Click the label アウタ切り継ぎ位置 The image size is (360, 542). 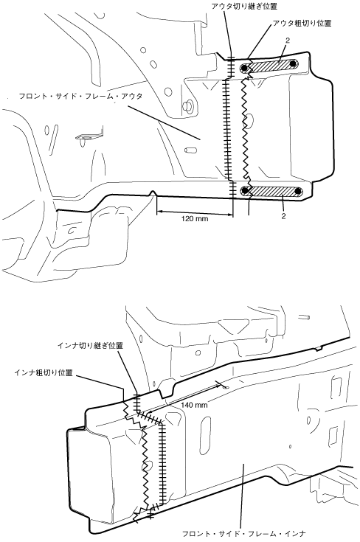pos(244,6)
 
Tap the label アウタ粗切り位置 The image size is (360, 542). pos(302,23)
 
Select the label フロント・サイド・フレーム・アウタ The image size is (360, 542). pos(80,96)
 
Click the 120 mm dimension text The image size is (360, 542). pos(195,218)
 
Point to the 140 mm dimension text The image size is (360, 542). pos(194,405)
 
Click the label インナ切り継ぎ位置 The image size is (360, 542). pos(90,346)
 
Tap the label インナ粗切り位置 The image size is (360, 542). pos(44,372)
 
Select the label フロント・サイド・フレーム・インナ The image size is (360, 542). pos(243,534)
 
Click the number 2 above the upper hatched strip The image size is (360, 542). pos(288,41)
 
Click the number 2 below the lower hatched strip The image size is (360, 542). pos(283,217)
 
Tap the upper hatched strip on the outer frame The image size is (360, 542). pos(269,66)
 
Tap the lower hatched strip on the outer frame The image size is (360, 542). pos(272,191)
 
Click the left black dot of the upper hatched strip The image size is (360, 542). pos(244,68)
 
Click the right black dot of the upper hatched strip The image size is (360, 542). pos(294,64)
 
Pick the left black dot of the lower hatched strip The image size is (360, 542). pos(245,190)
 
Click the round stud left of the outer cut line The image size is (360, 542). pos(189,105)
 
